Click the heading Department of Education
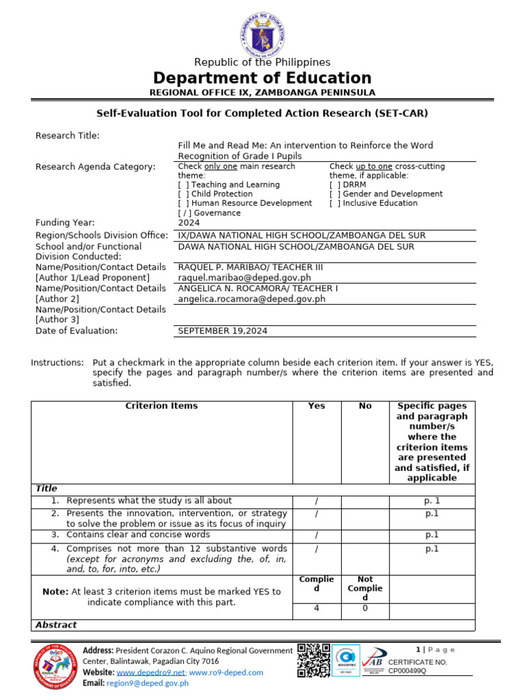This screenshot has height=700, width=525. point(262,78)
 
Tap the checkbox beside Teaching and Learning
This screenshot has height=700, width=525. point(183,185)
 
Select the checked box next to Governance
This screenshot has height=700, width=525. point(184,213)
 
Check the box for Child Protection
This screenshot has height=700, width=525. point(183,194)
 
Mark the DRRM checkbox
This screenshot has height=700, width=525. point(335,185)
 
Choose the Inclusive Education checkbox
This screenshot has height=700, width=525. point(335,203)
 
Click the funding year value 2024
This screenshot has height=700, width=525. point(189,222)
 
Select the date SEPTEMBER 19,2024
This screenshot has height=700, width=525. point(223,331)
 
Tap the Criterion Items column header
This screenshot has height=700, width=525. point(161,406)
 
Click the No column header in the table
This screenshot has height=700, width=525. point(365,406)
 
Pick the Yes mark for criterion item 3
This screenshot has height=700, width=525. point(317,535)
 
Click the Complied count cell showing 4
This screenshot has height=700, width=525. point(317,608)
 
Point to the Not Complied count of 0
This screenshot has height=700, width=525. point(365,608)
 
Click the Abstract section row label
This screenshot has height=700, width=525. point(56,625)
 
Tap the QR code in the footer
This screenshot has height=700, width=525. point(314,660)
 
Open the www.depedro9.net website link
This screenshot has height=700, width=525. point(156,673)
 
